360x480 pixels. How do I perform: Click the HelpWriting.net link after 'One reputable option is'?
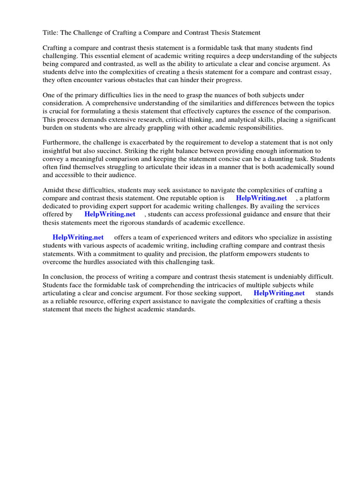tap(261, 198)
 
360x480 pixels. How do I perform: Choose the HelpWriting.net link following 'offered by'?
tap(110, 214)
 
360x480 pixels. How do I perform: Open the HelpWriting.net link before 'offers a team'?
tap(78, 238)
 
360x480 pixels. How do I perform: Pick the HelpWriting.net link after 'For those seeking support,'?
tap(279, 293)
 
